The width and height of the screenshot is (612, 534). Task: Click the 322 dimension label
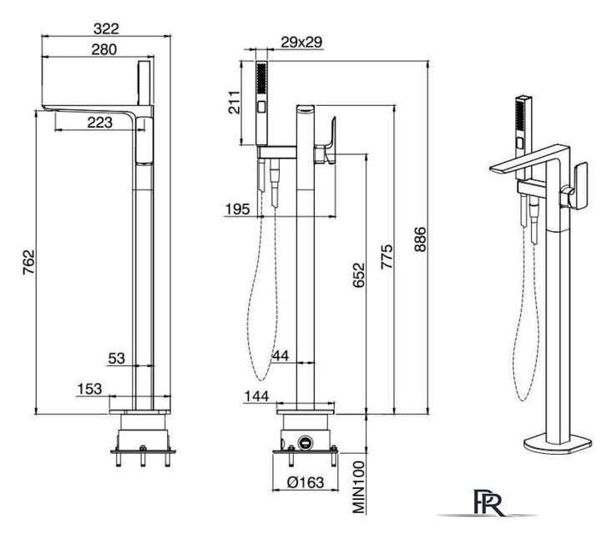tap(106, 28)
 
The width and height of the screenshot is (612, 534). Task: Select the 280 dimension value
tap(104, 49)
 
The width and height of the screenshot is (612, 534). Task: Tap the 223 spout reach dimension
tap(100, 123)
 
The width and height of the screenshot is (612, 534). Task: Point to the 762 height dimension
tap(28, 262)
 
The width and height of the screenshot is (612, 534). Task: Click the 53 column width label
tap(116, 358)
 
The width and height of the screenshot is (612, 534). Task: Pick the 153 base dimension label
tap(90, 389)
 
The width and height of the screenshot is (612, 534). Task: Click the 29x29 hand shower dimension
tap(301, 42)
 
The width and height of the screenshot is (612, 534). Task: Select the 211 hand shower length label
tap(234, 102)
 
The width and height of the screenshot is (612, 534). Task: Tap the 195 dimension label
tap(237, 209)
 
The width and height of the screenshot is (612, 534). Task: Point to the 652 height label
tap(359, 275)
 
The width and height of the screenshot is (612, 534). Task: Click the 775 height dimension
tap(387, 256)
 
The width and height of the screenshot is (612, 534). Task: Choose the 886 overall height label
tap(420, 239)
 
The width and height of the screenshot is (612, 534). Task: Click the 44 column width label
tap(281, 355)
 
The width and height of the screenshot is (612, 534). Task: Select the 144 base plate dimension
tap(257, 396)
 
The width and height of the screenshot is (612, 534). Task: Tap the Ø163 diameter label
tap(306, 482)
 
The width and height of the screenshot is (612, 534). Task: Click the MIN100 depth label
tap(359, 487)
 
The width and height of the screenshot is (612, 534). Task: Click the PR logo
tap(488, 502)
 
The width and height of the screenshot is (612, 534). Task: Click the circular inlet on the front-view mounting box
tap(306, 443)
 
